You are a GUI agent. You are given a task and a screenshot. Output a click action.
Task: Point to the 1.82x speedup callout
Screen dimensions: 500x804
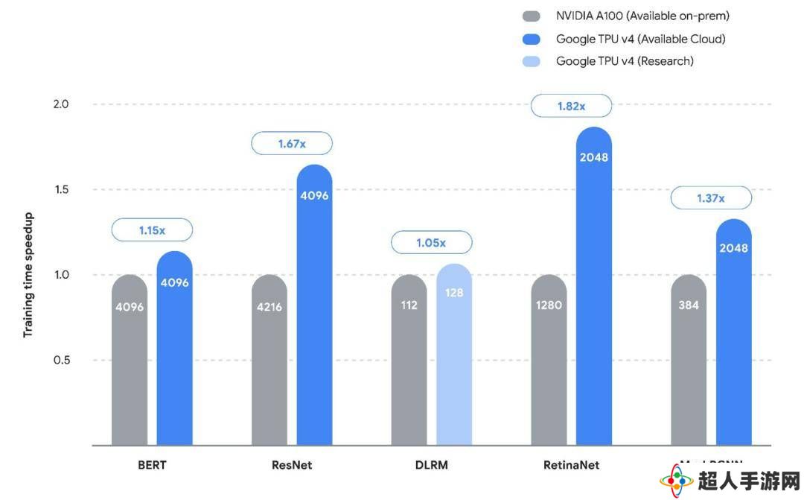coord(571,106)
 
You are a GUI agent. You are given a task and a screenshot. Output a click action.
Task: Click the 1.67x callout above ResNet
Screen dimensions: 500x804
coord(292,143)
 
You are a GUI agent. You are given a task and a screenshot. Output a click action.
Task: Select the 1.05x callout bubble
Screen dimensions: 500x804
coord(432,242)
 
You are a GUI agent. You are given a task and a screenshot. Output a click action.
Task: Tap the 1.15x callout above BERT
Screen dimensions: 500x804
coord(152,230)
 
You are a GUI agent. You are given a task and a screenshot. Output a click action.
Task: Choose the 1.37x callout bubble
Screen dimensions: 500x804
coord(711,198)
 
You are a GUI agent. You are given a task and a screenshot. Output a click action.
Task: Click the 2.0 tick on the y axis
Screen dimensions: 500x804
coord(60,104)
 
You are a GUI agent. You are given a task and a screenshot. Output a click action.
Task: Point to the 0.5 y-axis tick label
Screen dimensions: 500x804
coord(60,360)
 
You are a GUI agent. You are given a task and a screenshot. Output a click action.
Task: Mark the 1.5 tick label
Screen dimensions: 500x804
coord(60,189)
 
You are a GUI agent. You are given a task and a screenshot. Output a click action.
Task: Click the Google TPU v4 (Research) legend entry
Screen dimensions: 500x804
coord(625,61)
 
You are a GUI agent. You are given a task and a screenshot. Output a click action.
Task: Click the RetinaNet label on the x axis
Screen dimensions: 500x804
coord(571,465)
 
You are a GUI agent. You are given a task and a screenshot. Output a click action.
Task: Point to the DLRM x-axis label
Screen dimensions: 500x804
coord(432,465)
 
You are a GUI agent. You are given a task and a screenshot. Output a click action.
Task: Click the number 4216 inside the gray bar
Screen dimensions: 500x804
coord(269,306)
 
